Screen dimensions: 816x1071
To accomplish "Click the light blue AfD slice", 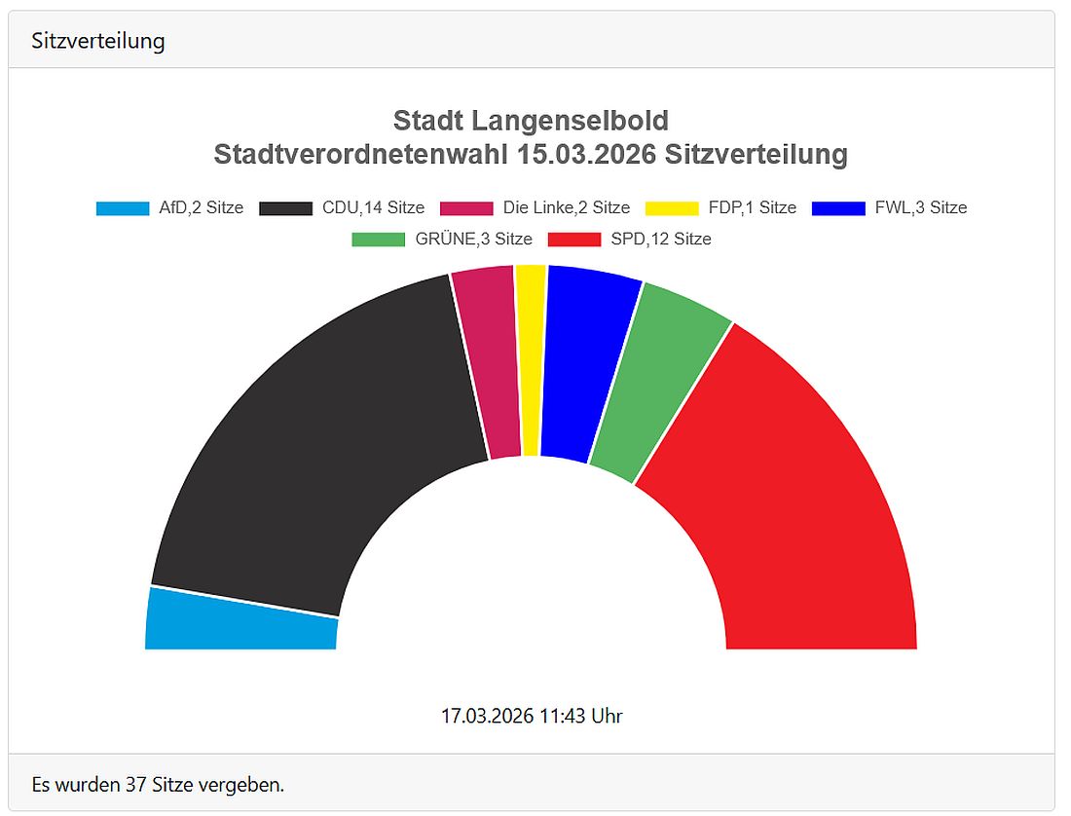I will [241, 620].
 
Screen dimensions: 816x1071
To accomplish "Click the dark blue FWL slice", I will [584, 365].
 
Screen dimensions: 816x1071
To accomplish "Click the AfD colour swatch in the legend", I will [123, 207].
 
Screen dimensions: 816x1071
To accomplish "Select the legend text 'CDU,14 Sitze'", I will [373, 207].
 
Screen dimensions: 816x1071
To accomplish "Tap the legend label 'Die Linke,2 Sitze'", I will [566, 207].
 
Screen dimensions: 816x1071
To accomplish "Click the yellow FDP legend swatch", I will [672, 207].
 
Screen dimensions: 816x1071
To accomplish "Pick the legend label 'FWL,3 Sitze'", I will [920, 207].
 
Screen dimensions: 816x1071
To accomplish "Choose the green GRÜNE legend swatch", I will [378, 239].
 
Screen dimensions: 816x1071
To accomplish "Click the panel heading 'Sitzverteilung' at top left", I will [97, 41].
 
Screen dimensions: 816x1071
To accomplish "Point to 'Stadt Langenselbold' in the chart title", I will [531, 121].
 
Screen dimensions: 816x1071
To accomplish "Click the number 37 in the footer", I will [136, 784].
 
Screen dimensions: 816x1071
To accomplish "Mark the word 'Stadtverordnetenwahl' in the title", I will [361, 154].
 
